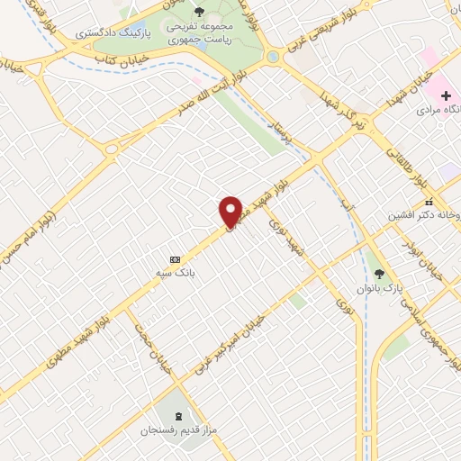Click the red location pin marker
click(230, 212)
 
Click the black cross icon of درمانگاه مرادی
click(445, 95)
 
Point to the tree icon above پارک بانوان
click(379, 274)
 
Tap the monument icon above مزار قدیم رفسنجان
click(176, 416)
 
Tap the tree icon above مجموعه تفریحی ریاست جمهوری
click(199, 12)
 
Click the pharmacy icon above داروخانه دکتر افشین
click(429, 203)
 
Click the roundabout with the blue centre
click(272, 56)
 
